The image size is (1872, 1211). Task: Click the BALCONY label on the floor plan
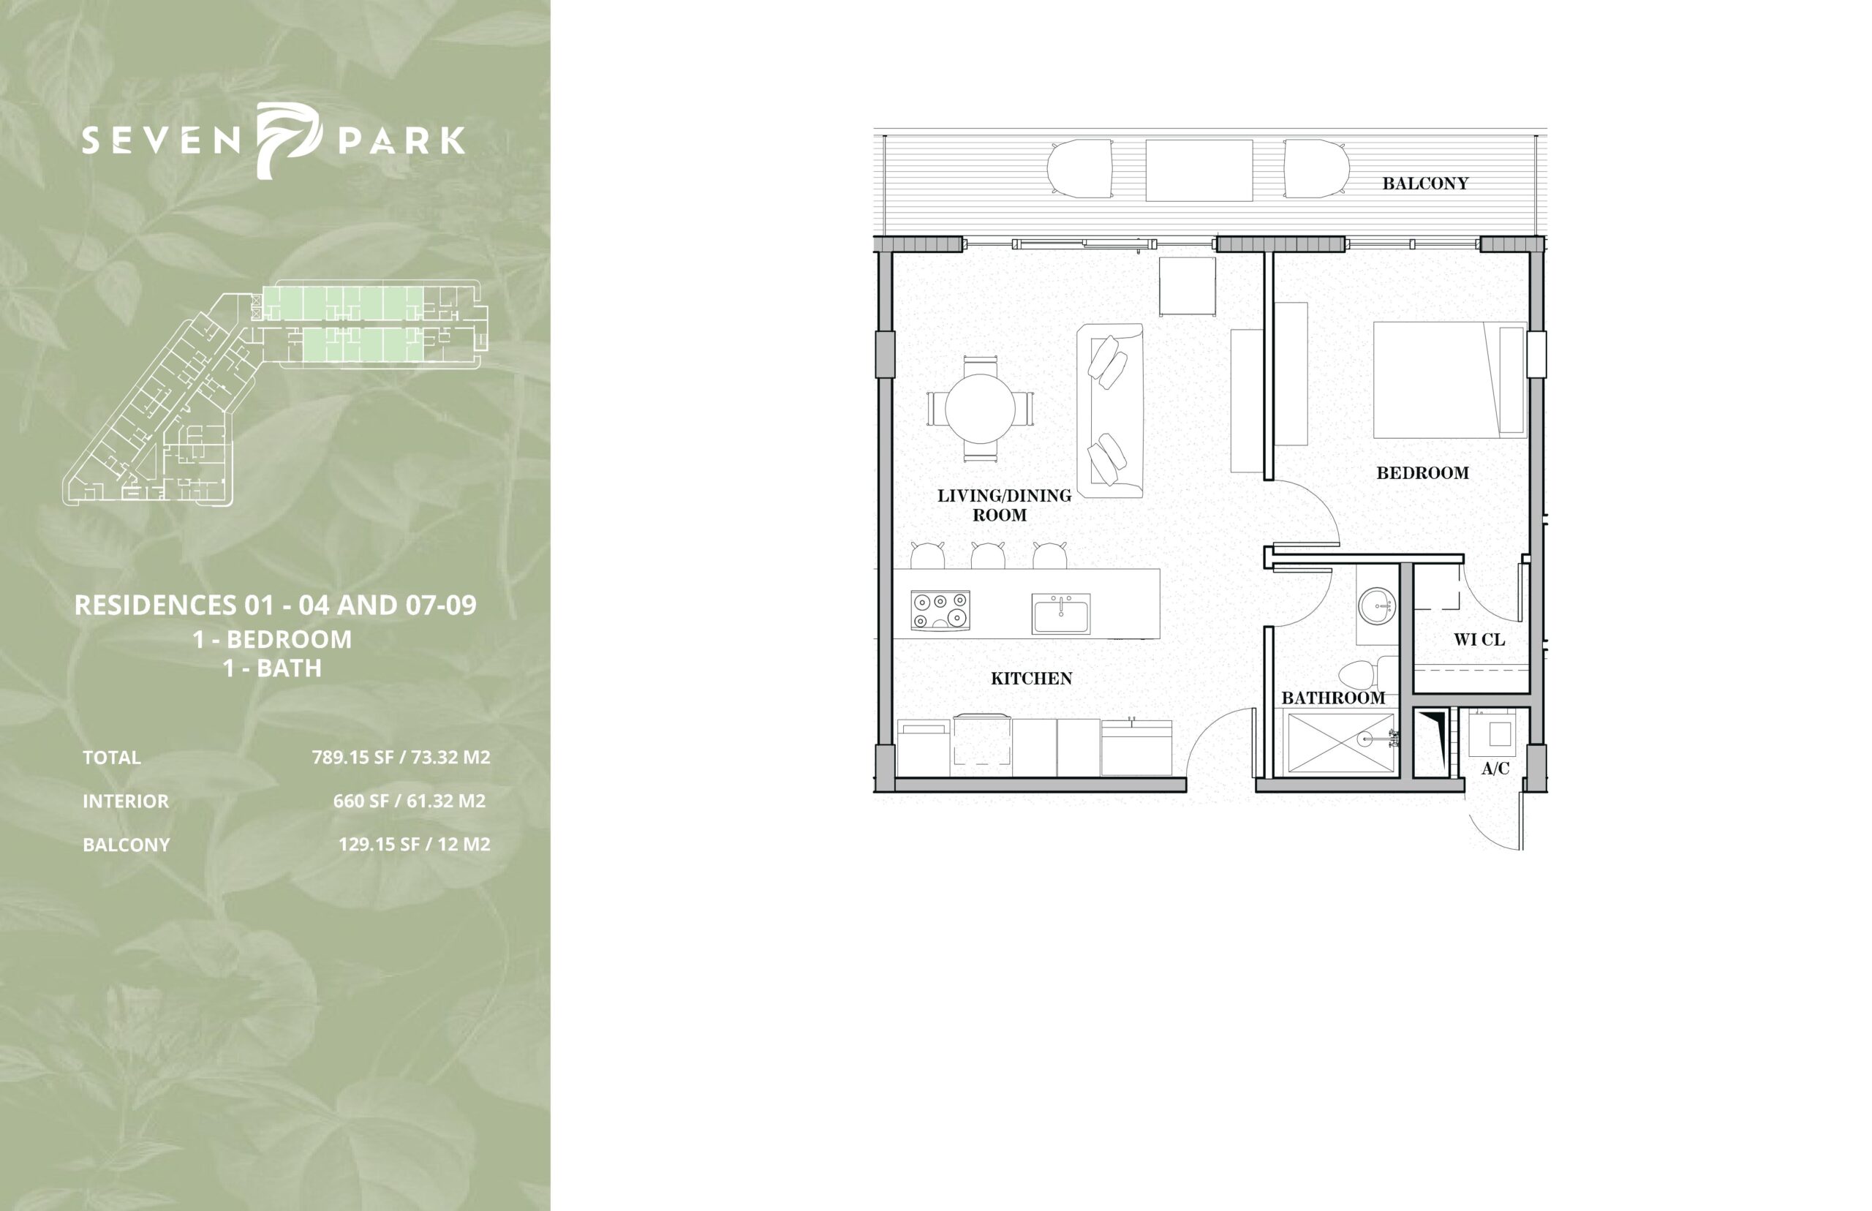1425,184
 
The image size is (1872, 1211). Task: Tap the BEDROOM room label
1422,472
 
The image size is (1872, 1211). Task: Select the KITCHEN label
1031,678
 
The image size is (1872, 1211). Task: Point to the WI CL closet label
1479,639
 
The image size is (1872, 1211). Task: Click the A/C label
1495,769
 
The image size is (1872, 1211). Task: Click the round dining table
980,408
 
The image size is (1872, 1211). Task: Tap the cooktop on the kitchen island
940,610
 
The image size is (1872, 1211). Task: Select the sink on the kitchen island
1060,614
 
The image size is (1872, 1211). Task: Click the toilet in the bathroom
1367,675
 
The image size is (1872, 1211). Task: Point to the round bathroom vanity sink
1376,607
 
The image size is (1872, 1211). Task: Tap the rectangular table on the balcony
1199,170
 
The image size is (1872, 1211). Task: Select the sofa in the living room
1109,410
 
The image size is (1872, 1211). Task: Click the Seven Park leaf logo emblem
290,140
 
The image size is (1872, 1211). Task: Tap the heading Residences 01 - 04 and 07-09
275,605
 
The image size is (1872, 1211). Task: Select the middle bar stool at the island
987,554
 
